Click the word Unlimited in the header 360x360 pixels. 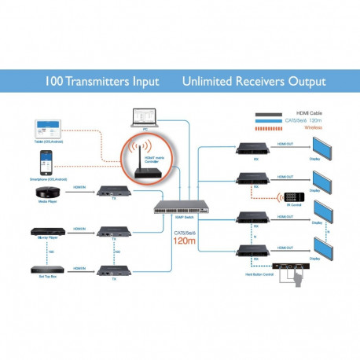(211, 81)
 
